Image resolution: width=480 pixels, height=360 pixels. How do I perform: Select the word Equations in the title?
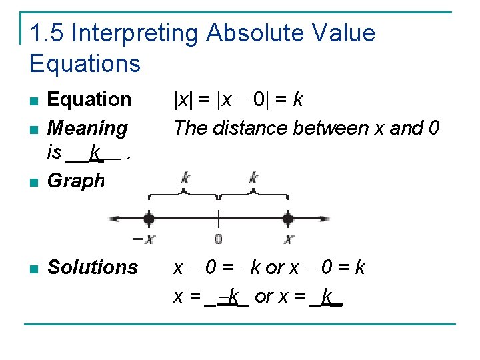click(x=85, y=63)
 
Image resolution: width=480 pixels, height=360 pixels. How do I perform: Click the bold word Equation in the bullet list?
click(x=89, y=99)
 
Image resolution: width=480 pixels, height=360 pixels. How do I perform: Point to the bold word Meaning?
click(x=87, y=127)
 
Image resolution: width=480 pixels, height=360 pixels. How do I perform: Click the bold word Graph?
click(x=76, y=181)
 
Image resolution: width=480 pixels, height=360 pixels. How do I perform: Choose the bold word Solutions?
click(x=93, y=267)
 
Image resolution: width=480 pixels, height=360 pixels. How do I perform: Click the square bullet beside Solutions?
click(x=33, y=269)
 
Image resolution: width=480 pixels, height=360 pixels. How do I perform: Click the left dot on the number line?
click(x=149, y=218)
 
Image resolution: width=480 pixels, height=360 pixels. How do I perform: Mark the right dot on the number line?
click(x=288, y=218)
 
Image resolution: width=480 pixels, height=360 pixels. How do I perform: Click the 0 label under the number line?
click(x=218, y=239)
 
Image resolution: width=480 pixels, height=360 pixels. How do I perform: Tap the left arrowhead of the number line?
click(x=113, y=218)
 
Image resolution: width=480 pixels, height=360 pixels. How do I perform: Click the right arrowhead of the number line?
click(x=326, y=218)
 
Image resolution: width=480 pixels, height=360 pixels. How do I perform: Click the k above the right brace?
click(x=253, y=177)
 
